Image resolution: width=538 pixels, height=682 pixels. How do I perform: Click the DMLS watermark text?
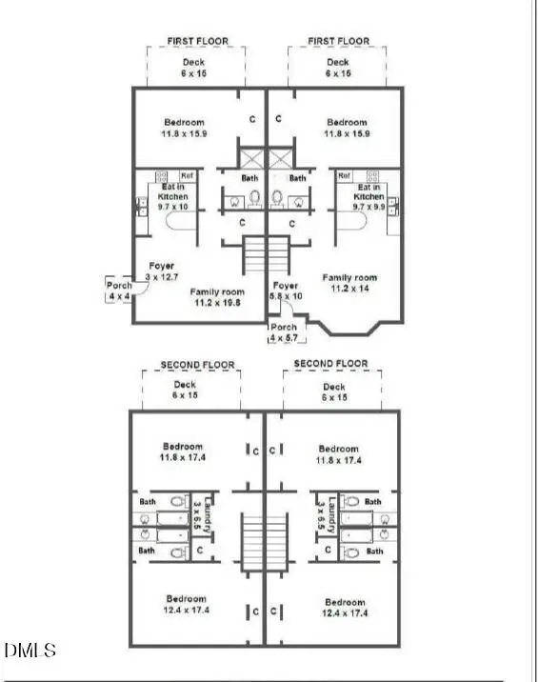point(30,652)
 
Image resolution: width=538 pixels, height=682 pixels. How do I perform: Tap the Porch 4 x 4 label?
point(119,290)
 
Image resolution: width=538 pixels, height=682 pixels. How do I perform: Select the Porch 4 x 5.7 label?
point(284,332)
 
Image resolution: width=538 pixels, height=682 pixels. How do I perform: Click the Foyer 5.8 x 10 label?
point(286,291)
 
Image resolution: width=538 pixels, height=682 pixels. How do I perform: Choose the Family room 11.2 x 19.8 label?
point(218,297)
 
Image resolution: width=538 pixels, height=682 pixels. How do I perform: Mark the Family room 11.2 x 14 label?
point(349,282)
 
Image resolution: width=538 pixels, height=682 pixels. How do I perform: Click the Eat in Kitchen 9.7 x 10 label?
point(173,196)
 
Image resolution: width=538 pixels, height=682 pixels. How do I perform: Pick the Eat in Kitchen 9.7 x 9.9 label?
point(367,196)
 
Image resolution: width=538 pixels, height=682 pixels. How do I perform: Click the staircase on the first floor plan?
point(267,254)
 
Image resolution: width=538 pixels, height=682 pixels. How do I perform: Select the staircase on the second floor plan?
point(264,542)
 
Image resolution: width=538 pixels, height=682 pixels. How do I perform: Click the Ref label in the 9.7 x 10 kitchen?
point(186,175)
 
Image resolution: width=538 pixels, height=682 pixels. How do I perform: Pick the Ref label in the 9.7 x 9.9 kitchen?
point(345,175)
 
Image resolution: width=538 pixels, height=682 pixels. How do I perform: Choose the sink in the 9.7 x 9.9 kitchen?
point(392,206)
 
